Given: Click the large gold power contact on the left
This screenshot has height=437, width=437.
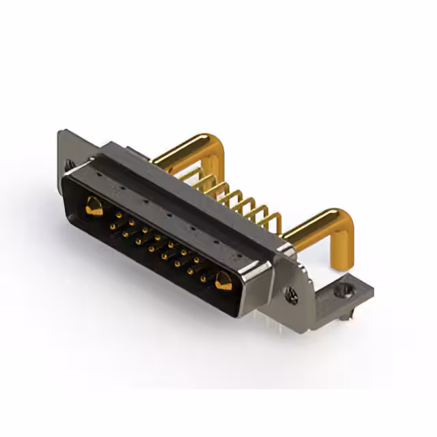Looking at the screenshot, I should [x=94, y=206].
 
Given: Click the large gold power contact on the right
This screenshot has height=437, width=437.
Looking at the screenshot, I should [x=223, y=280].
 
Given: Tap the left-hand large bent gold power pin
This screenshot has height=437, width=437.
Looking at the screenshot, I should [x=184, y=150].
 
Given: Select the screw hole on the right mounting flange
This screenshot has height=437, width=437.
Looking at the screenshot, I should [x=292, y=296].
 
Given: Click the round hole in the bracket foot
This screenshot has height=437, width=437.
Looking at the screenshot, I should [x=343, y=290].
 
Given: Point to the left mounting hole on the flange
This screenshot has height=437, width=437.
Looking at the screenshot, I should [x=69, y=165].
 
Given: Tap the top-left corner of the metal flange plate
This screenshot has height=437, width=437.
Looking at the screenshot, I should [x=63, y=132].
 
